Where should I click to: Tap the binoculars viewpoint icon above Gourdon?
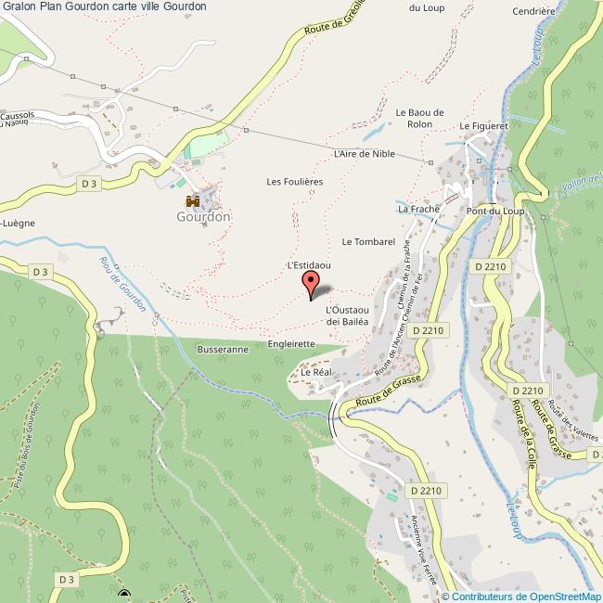tap(193, 200)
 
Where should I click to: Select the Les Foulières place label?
tap(294, 182)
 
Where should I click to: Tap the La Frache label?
tap(418, 210)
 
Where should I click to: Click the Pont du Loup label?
tap(494, 212)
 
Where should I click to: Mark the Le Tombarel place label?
tap(368, 242)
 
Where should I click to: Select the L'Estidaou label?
tap(309, 265)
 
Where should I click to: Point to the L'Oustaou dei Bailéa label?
tap(348, 315)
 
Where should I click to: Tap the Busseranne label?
tap(222, 350)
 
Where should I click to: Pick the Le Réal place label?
tap(316, 372)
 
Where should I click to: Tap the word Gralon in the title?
tap(19, 6)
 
